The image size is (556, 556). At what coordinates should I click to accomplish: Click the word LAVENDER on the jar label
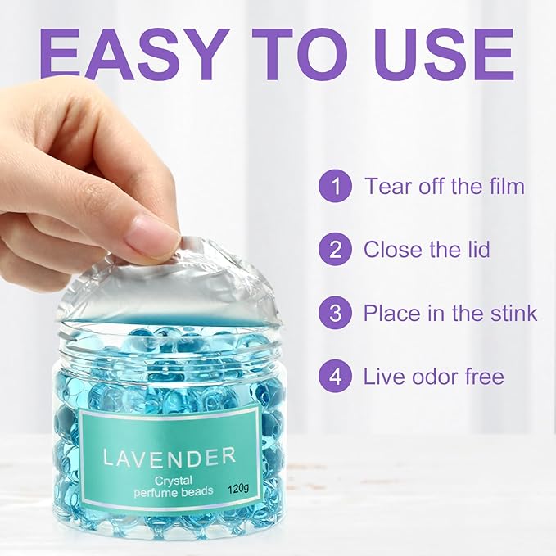(x=170, y=456)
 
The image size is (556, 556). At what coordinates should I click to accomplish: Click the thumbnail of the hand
(x=156, y=233)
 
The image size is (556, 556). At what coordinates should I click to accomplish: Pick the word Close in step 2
(x=392, y=249)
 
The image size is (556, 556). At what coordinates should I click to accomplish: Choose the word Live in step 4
(x=384, y=377)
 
